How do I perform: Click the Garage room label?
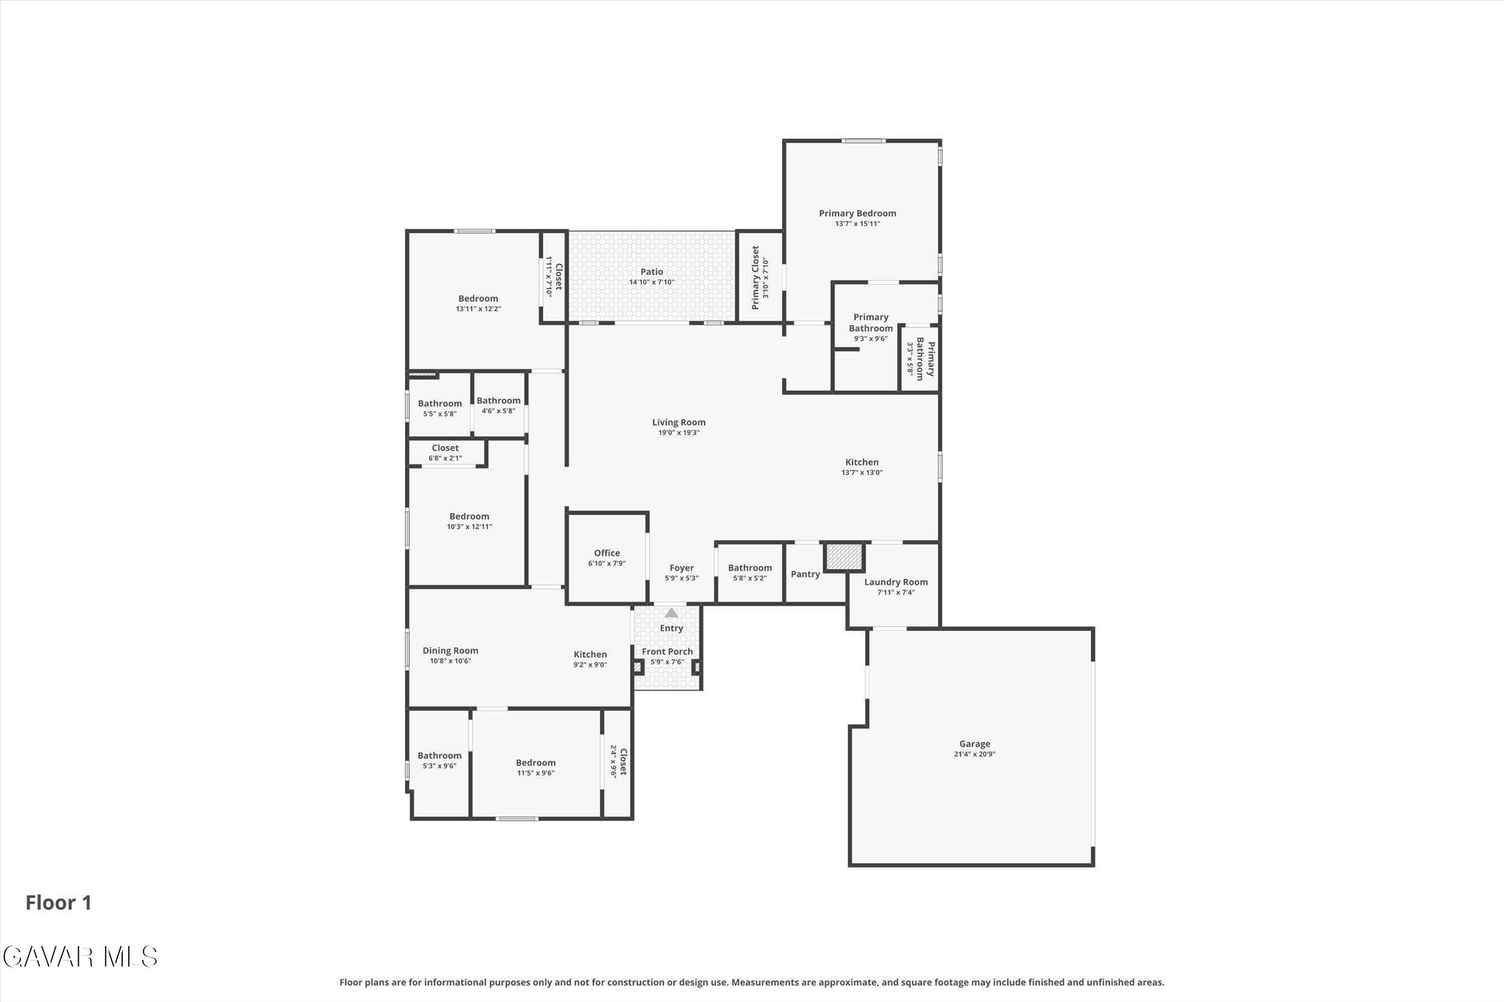[975, 743]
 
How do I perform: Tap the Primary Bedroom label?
[857, 213]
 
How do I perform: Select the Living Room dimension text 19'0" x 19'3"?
[679, 433]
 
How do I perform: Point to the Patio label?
[652, 272]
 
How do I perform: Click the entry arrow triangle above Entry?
[671, 613]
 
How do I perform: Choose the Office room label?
[607, 553]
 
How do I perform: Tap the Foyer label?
[682, 567]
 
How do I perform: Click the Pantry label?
[805, 574]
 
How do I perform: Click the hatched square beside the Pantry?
[844, 557]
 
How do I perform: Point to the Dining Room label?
[450, 650]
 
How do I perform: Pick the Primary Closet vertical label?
[755, 277]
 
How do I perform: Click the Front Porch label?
[667, 651]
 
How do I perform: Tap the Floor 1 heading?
[59, 902]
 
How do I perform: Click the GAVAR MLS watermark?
[79, 957]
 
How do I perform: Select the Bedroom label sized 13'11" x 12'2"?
[478, 298]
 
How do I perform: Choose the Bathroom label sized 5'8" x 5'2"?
[750, 567]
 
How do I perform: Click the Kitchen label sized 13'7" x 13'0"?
[862, 462]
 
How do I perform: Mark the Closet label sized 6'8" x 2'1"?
[445, 448]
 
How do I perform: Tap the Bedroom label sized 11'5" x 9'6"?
[536, 762]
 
